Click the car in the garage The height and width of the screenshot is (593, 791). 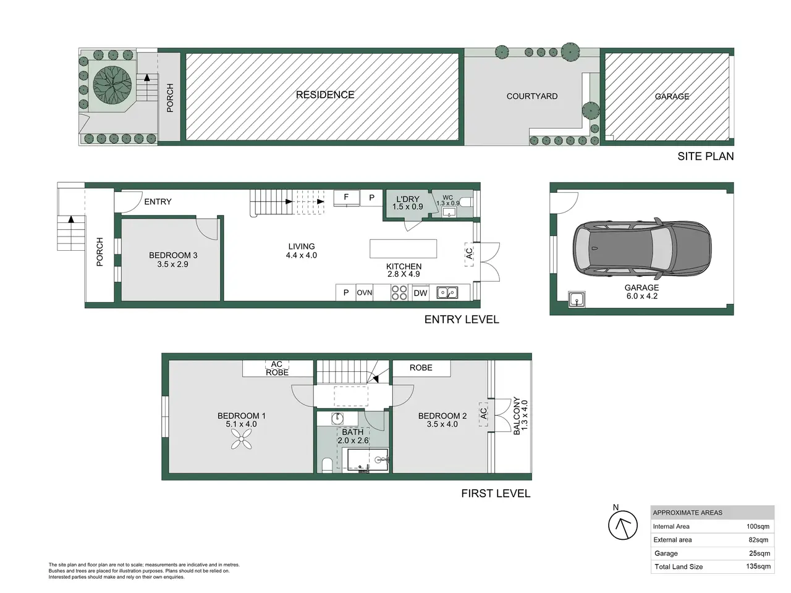pos(642,248)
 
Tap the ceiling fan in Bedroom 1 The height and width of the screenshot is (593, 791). pos(241,439)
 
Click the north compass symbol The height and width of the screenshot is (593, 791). pos(622,524)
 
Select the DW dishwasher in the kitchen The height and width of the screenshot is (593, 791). pos(420,293)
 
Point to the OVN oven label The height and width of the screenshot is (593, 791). pos(365,293)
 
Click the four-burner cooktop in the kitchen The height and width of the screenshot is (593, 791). pos(399,293)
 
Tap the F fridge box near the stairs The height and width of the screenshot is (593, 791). pos(346,198)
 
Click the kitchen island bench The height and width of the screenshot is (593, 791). pos(404,249)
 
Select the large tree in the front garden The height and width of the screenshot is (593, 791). pos(112,85)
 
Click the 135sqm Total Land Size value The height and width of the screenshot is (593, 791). pos(758,566)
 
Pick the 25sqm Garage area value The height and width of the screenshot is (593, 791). pos(759,553)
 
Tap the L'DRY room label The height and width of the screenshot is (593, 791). pos(408,199)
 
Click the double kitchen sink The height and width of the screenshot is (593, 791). pos(447,292)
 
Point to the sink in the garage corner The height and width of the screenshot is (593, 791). pos(577,300)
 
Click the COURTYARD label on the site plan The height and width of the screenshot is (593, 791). pos(532,96)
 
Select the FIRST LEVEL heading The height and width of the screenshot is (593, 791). pos(496,494)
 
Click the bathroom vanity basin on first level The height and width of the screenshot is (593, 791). pos(337,418)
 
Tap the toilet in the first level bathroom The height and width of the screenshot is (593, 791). pos(327,465)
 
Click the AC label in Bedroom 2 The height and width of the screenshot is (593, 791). pos(483,413)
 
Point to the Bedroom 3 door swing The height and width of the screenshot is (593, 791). pos(207,229)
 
